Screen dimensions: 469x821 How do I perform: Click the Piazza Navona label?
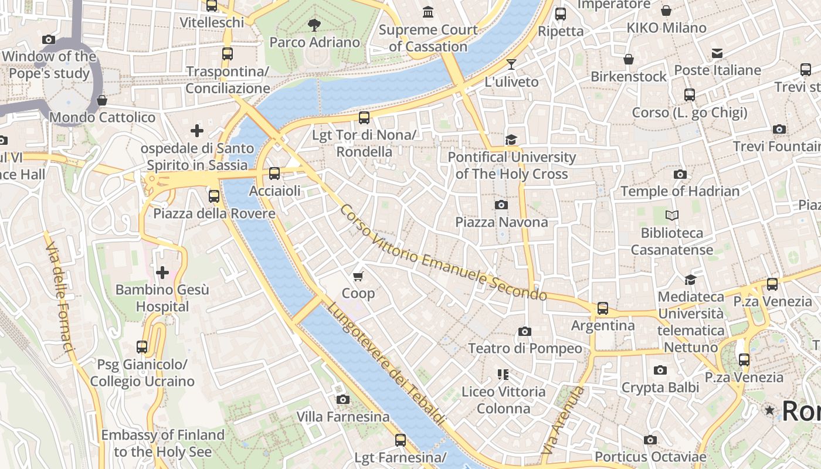tap(501, 222)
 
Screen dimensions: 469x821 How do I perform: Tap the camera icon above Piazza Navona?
tap(501, 205)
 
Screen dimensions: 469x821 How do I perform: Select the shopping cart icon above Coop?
tap(358, 276)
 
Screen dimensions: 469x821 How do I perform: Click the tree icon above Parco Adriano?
tap(314, 25)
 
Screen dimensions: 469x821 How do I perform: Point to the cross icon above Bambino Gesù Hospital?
tap(162, 272)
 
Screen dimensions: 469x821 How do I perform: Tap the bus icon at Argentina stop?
tap(602, 308)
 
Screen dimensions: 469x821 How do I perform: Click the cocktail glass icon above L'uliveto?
tap(511, 64)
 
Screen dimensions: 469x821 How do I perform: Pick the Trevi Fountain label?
tap(776, 146)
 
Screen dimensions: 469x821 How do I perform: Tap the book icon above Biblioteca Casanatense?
tap(672, 216)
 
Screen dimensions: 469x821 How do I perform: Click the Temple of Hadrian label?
tap(680, 191)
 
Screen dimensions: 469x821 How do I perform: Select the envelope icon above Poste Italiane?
tap(717, 53)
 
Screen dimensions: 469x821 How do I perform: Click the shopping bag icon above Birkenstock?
tap(628, 59)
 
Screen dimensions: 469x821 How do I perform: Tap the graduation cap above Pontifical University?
tap(511, 140)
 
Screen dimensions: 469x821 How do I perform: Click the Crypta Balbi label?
tap(660, 388)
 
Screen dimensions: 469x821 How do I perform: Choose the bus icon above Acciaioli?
tap(274, 174)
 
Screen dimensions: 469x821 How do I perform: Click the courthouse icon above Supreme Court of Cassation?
tap(428, 12)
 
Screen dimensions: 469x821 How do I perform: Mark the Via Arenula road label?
tap(564, 420)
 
